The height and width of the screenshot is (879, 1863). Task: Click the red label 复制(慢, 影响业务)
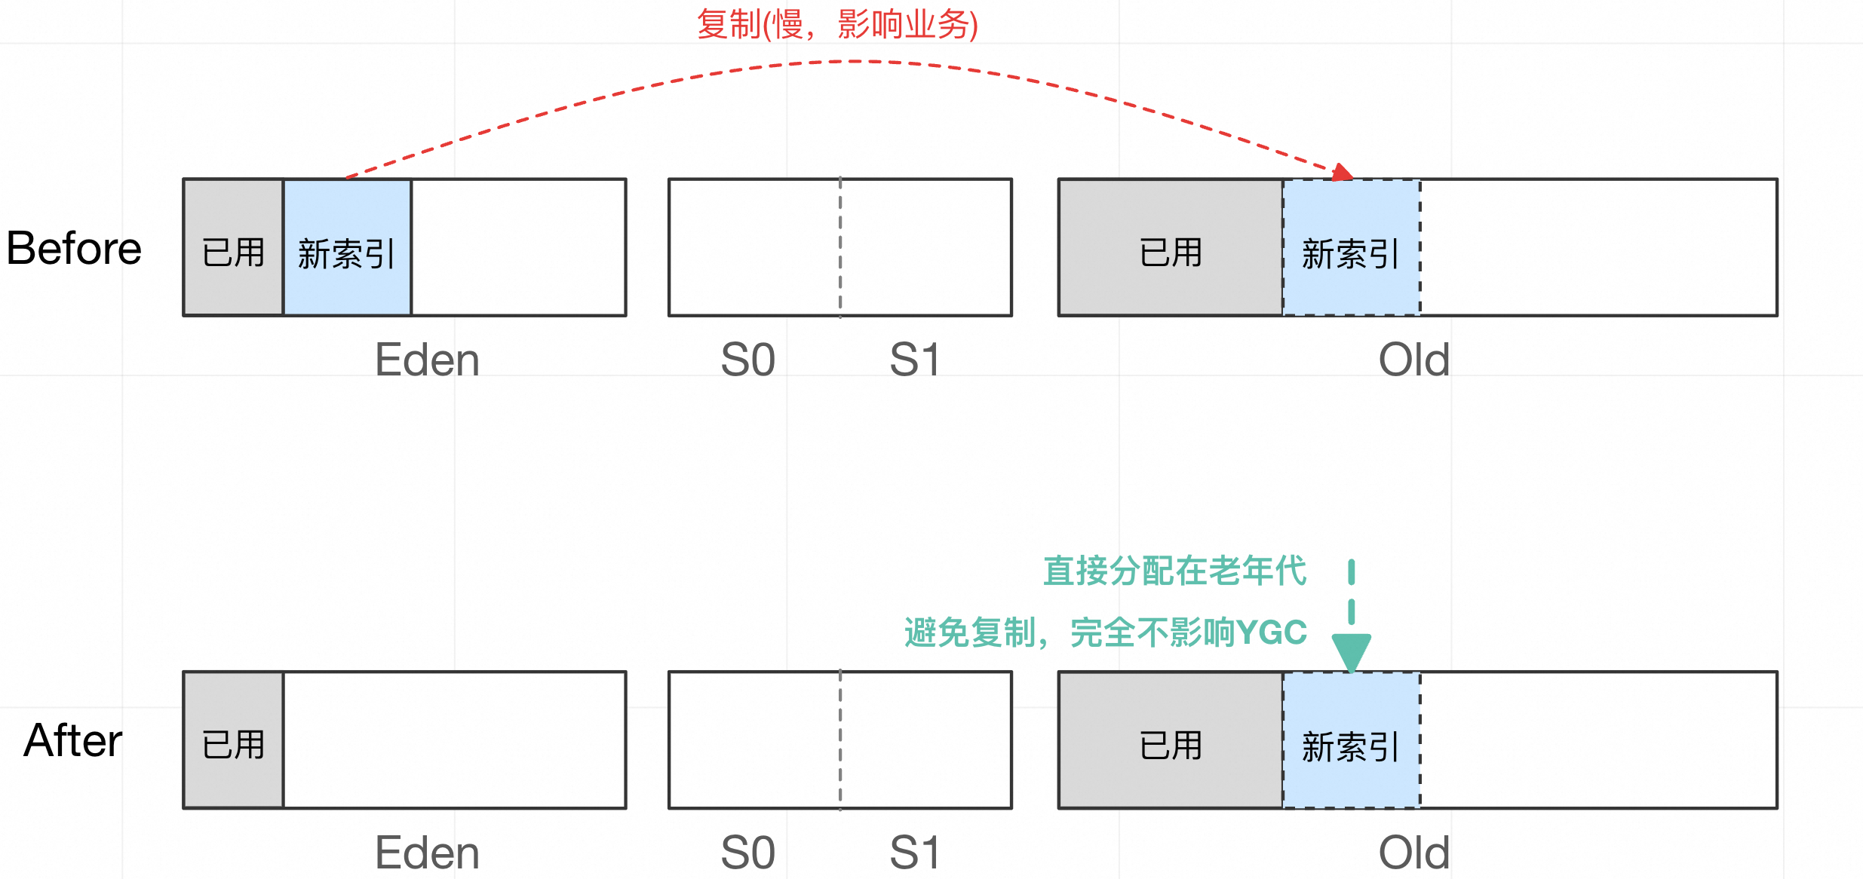point(837,25)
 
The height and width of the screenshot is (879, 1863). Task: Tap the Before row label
point(74,249)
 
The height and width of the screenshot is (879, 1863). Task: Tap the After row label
point(73,740)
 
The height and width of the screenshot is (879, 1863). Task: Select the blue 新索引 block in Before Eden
point(347,247)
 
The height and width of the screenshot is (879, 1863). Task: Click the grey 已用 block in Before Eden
point(234,247)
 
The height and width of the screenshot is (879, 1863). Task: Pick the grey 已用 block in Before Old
point(1171,247)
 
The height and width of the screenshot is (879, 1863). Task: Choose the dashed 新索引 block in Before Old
point(1352,247)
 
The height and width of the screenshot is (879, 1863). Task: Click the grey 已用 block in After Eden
point(234,740)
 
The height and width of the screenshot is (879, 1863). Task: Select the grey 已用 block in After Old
point(1171,740)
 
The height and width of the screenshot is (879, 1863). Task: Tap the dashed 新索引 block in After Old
point(1352,740)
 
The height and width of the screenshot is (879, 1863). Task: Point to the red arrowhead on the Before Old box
point(1342,173)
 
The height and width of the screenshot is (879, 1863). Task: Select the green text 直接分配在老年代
point(1174,571)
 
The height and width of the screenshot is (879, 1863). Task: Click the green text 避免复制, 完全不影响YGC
point(1106,632)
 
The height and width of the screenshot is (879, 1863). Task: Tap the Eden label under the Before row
point(427,360)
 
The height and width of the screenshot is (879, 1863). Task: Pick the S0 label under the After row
point(747,853)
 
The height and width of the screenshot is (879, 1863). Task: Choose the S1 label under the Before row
point(915,360)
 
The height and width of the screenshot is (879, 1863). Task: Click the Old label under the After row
point(1414,853)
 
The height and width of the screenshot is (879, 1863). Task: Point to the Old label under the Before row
point(1414,360)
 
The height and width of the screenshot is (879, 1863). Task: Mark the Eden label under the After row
point(427,853)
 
